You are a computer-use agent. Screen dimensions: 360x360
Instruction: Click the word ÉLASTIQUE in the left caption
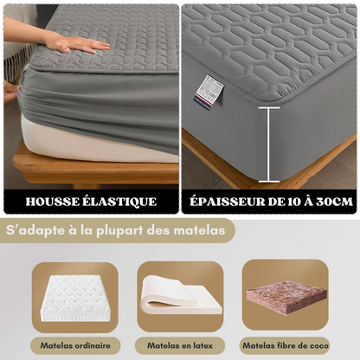[x=120, y=202]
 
